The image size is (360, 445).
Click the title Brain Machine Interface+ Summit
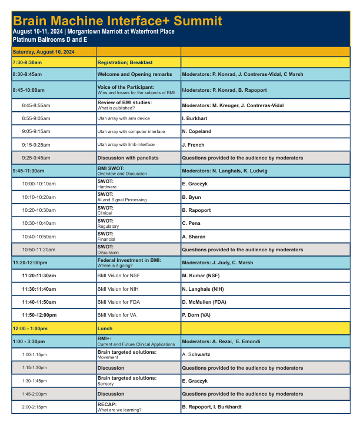click(x=118, y=21)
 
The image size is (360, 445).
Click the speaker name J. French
click(x=194, y=144)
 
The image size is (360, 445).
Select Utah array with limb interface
click(x=126, y=144)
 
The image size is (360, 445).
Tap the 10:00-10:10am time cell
click(x=39, y=184)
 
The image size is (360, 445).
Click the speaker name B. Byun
click(x=192, y=197)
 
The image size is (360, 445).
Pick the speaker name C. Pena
click(x=192, y=224)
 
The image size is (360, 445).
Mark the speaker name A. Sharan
click(x=194, y=237)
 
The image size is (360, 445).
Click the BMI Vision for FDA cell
click(x=121, y=302)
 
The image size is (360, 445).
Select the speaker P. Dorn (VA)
click(x=196, y=315)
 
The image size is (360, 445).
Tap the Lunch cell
click(x=104, y=328)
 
